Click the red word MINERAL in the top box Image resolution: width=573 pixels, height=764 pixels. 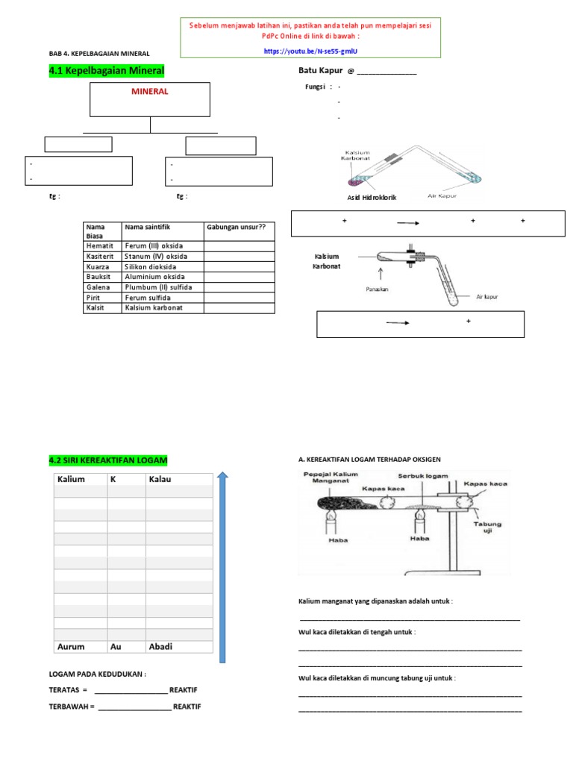coord(150,92)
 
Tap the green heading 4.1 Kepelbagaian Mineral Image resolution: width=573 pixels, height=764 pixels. coord(106,70)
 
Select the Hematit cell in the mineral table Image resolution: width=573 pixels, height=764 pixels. coord(99,245)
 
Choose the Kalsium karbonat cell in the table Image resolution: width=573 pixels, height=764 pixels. coord(154,308)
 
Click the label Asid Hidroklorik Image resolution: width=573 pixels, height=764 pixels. coord(372,197)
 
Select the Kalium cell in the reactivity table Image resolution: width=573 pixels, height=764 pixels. coord(71,479)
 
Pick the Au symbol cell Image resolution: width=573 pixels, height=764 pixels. coord(116,647)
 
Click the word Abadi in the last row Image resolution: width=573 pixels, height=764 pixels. coord(161,647)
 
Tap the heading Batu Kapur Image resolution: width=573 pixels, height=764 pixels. coord(321,71)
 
